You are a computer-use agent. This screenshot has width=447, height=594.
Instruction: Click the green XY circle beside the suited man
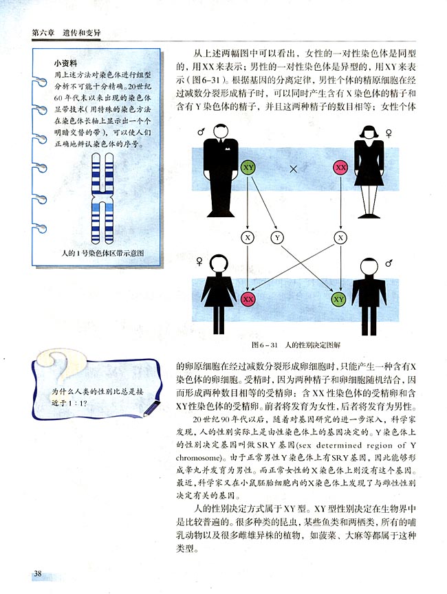[249, 167]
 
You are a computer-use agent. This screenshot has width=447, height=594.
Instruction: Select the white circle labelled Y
[277, 237]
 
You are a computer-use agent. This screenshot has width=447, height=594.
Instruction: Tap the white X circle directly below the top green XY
[248, 237]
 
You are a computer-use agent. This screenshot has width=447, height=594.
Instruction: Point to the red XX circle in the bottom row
[248, 299]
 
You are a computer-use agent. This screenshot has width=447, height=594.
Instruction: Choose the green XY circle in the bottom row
[339, 299]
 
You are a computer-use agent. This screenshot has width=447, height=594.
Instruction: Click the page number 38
[37, 573]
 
